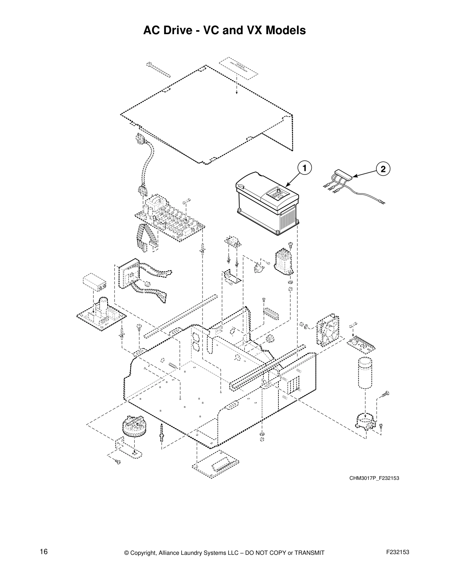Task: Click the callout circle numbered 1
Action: tap(304, 168)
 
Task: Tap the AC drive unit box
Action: tap(267, 206)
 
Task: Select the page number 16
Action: tap(44, 552)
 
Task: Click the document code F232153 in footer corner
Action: tap(398, 552)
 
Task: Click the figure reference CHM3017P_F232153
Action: tap(374, 478)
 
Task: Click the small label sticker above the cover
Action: tap(238, 68)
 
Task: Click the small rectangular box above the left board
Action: tap(95, 282)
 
